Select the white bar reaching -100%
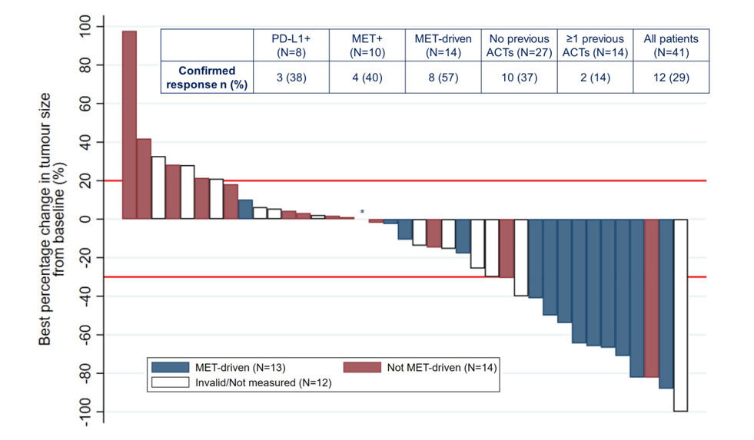[680, 315]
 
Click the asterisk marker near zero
[362, 213]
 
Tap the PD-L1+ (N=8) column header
[291, 45]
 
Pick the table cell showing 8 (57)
[443, 78]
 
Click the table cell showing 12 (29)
[671, 78]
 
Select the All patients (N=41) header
[671, 45]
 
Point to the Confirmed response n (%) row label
[207, 78]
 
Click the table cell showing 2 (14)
[595, 78]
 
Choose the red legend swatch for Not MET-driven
[362, 367]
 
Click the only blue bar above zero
[245, 209]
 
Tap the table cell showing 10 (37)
[519, 78]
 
